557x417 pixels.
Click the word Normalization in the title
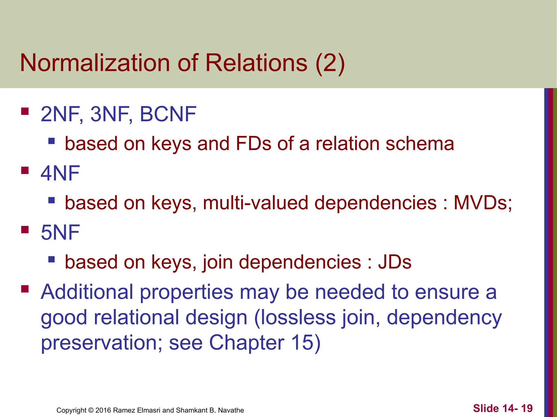point(95,63)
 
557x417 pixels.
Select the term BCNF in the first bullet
point(168,114)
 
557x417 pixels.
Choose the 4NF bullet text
point(60,173)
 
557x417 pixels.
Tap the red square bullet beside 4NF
point(25,170)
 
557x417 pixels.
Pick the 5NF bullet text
point(60,232)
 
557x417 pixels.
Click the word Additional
point(87,292)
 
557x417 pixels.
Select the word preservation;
point(101,343)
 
